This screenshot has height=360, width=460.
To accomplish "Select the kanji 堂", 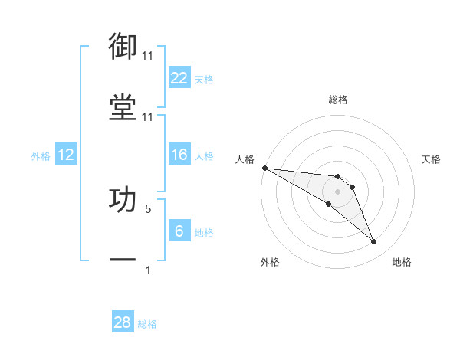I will point(123,107).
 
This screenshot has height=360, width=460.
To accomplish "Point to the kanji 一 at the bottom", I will point(123,260).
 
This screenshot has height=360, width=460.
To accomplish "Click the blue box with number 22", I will point(179,78).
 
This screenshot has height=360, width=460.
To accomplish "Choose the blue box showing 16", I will point(179,155).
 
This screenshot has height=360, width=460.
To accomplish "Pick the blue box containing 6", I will point(179,231).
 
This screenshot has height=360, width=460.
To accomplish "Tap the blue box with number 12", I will point(65,155).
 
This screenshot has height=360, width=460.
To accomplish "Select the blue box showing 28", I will point(123,322).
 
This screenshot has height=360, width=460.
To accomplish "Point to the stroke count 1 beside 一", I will point(148,270).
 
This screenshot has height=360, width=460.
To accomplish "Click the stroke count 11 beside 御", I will point(147,56).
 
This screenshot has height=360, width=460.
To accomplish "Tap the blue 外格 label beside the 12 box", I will point(41,155).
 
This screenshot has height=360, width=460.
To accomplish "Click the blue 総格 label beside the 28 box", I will point(147,324).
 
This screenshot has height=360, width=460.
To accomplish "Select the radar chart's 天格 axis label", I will point(431,159).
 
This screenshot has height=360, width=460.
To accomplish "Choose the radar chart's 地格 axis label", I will point(402,262).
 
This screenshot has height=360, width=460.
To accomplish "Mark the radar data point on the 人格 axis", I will point(264,168).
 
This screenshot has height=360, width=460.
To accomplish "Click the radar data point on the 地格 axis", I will point(374,242).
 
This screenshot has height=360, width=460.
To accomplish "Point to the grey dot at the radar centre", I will point(337,191).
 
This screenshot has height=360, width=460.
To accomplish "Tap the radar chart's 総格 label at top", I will point(338,100).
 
